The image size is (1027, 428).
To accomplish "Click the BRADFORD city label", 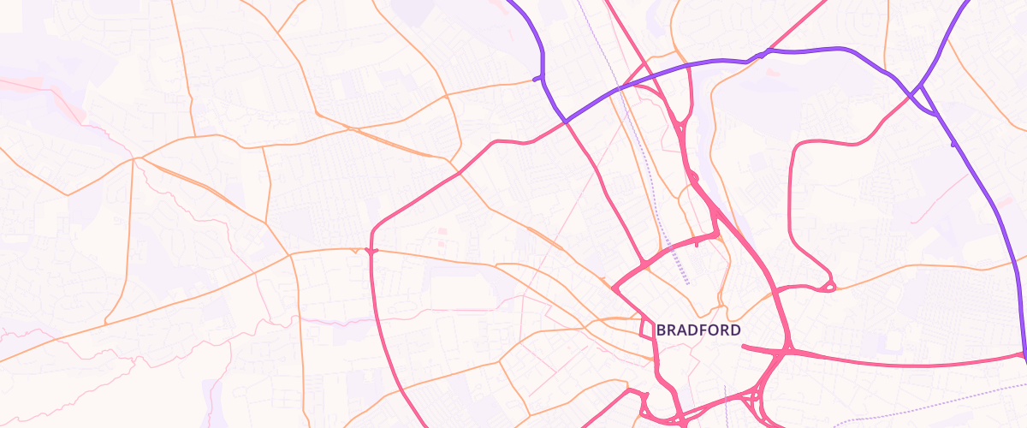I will (x=698, y=330).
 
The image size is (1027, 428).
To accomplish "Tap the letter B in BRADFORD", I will (x=661, y=330).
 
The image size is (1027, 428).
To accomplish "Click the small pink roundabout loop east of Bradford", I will (x=828, y=285).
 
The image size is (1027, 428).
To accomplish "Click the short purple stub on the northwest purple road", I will (x=537, y=79).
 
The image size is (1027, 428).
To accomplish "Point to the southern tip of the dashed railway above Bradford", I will (x=686, y=282).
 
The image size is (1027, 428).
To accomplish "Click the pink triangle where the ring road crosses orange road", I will (x=371, y=252).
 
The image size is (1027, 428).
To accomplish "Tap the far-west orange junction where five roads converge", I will (x=134, y=158).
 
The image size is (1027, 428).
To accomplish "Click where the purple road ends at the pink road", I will (x=1024, y=355).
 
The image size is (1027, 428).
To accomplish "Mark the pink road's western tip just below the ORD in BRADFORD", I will (x=743, y=346).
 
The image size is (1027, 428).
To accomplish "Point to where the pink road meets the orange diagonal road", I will (x=459, y=172).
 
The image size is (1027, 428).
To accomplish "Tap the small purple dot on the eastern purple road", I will (x=953, y=145).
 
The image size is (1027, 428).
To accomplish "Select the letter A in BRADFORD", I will (x=681, y=330).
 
